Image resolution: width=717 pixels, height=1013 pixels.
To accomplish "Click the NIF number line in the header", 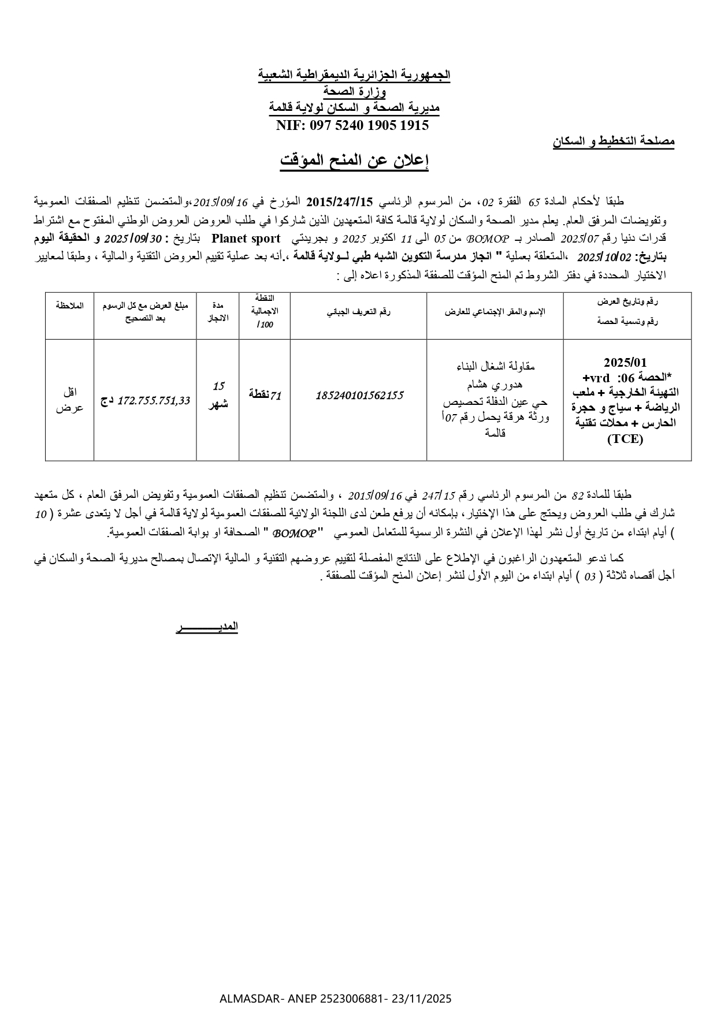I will tap(352, 125).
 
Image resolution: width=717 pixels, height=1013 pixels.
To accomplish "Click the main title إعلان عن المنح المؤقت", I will tap(354, 161).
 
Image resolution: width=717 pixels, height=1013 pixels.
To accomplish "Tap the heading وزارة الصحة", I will tap(354, 91).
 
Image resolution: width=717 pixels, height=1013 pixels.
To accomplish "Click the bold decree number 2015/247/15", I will tap(340, 202).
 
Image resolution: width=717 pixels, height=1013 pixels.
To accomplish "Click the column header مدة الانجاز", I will tap(218, 311).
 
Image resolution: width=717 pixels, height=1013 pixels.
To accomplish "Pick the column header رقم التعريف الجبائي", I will tap(358, 312).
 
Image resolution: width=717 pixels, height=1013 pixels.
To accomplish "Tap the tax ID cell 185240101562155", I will tap(358, 396).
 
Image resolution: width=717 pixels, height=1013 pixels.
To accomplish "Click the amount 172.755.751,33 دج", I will tap(145, 400).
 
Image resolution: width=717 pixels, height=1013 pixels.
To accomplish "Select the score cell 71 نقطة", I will tap(265, 395).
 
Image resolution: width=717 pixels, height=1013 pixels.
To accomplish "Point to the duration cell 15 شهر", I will tap(218, 395).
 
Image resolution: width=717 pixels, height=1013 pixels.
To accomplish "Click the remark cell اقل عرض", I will tap(70, 400).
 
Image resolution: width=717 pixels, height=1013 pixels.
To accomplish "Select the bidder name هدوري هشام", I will tap(495, 384).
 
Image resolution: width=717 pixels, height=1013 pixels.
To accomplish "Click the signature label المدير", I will tap(207, 627).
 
